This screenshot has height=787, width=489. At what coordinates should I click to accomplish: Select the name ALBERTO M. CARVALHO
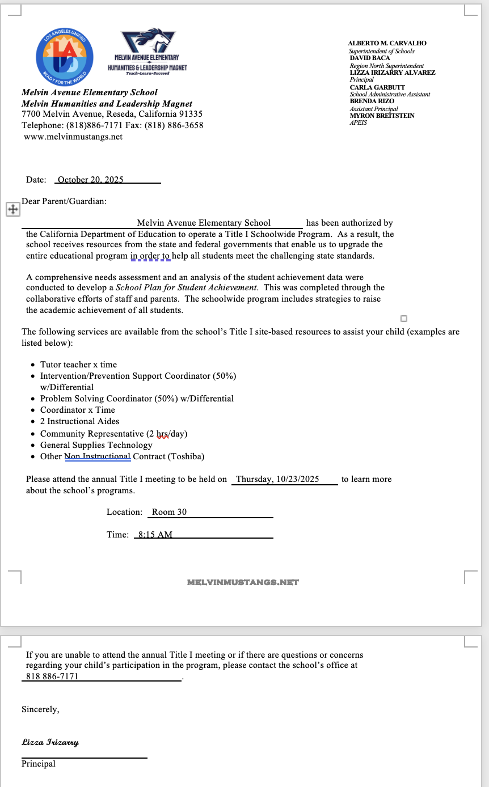pos(387,43)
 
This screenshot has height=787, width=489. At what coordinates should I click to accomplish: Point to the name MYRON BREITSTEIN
pos(382,116)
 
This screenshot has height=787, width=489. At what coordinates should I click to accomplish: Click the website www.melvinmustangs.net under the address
pos(73,137)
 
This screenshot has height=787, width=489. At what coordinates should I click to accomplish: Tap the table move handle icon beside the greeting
pos(12,210)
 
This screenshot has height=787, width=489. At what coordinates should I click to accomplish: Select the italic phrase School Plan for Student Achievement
pos(186,287)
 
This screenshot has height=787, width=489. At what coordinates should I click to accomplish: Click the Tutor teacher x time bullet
pos(78,365)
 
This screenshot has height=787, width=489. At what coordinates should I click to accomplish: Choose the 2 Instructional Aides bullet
pos(79,421)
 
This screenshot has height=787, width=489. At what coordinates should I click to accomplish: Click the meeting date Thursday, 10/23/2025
pos(277,479)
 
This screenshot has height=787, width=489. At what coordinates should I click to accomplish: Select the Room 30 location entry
pos(169,512)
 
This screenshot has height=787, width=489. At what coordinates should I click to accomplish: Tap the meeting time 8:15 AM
pos(155,535)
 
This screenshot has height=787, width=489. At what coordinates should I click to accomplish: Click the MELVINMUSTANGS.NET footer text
pos(243,582)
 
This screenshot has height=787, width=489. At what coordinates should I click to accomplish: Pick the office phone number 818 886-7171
pos(52,676)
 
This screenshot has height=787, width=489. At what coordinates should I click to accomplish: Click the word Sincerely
pos(40,709)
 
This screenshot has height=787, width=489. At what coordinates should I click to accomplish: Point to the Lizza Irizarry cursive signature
pos(50,742)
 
